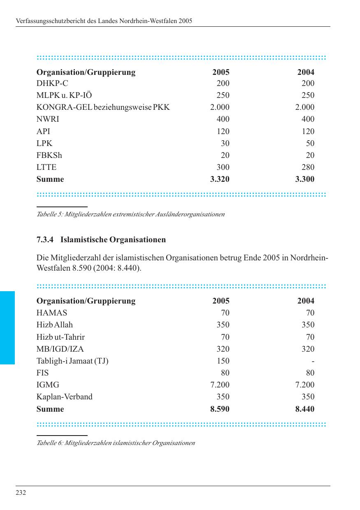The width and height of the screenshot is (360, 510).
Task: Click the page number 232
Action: click(21, 493)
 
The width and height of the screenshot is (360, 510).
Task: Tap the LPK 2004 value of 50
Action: click(310, 144)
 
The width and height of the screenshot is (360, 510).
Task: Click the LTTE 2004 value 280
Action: click(307, 167)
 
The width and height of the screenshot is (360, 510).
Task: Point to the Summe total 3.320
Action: click(220, 179)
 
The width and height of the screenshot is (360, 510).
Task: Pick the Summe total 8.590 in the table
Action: click(220, 409)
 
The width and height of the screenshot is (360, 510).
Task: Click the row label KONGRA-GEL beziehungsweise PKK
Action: click(103, 107)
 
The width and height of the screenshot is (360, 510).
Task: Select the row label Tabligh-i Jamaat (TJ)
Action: click(72, 361)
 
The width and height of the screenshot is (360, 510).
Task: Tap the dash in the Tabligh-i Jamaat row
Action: click(313, 361)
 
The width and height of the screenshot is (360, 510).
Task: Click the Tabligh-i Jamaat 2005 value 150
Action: click(223, 361)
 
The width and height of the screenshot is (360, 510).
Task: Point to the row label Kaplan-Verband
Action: click(64, 397)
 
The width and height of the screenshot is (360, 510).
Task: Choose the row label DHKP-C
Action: click(52, 83)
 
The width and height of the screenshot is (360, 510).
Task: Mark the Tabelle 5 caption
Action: click(130, 214)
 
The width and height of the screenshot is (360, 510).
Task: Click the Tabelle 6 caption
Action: click(116, 443)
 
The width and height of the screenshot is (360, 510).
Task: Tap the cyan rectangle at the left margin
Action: click(7, 327)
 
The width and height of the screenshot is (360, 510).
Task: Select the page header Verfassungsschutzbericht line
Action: click(104, 21)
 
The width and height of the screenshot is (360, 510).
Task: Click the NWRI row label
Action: click(48, 119)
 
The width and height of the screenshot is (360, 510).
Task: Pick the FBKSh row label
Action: click(49, 155)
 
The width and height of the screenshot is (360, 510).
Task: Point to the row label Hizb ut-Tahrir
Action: click(60, 337)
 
